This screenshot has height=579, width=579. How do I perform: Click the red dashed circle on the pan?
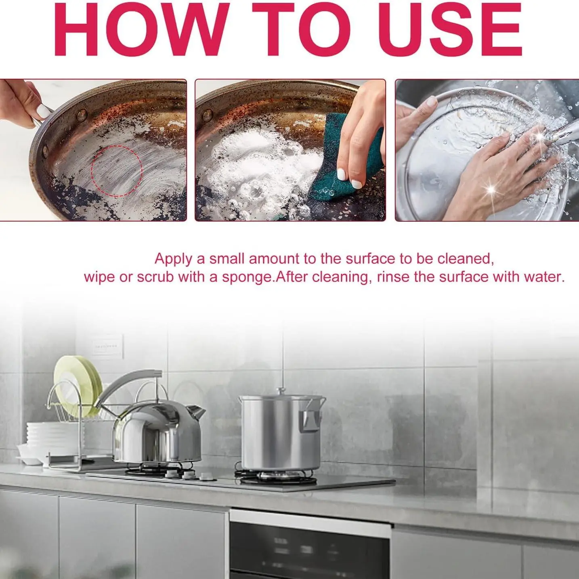pos(117,171)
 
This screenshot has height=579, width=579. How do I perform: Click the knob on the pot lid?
pos(281,391)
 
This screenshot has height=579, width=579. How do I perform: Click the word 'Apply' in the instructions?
pos(173,259)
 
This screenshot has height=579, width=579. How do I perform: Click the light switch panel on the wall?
pos(107,346)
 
